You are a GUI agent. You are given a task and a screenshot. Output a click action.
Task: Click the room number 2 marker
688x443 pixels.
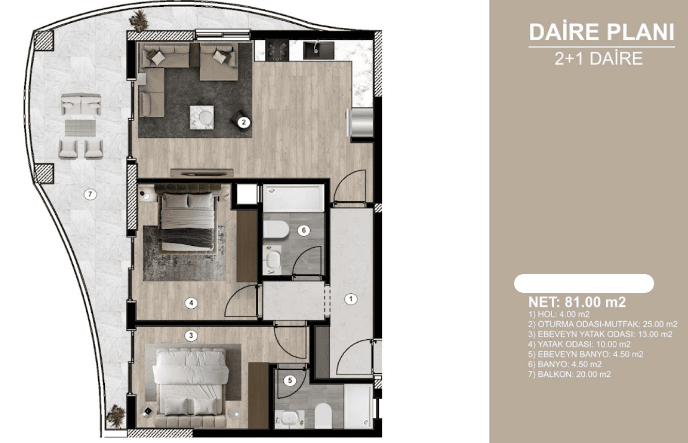pos(244,122)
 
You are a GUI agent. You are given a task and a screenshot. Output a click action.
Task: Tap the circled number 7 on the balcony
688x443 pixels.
pos(90,194)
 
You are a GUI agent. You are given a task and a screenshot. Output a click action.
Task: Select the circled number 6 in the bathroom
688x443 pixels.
pos(304,230)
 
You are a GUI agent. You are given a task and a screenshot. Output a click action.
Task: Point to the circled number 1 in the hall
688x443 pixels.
pos(351,299)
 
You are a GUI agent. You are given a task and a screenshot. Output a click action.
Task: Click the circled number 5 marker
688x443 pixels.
pos(290,381)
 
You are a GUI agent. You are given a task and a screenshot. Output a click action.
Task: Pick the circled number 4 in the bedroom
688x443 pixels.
pos(191,303)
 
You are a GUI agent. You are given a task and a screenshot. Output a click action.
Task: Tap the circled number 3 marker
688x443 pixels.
pos(191,336)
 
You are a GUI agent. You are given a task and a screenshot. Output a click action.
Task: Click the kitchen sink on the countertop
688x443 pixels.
pos(318,51)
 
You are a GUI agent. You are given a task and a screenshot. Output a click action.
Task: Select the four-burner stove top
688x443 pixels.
pos(277,51)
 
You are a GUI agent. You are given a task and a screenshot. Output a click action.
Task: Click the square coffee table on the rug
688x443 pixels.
pos(202,117)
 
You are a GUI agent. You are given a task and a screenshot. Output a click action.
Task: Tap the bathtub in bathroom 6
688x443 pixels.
pos(294,198)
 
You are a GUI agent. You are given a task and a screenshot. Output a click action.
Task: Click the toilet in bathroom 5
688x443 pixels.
pos(324,416)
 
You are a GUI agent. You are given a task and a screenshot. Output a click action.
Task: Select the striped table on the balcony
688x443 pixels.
pos(80,128)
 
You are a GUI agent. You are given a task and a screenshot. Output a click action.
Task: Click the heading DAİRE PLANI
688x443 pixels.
pos(601,32)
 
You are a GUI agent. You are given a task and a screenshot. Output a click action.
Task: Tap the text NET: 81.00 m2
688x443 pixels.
pos(577,302)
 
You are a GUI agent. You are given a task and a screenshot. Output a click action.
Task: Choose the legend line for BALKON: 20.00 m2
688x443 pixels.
pos(570,374)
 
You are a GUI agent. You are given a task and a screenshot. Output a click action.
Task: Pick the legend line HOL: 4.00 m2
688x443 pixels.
pos(559,314)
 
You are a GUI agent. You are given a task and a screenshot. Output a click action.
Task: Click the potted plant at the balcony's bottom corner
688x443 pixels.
pos(116,416)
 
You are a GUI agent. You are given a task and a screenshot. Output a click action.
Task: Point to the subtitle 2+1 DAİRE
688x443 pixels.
pos(599,58)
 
